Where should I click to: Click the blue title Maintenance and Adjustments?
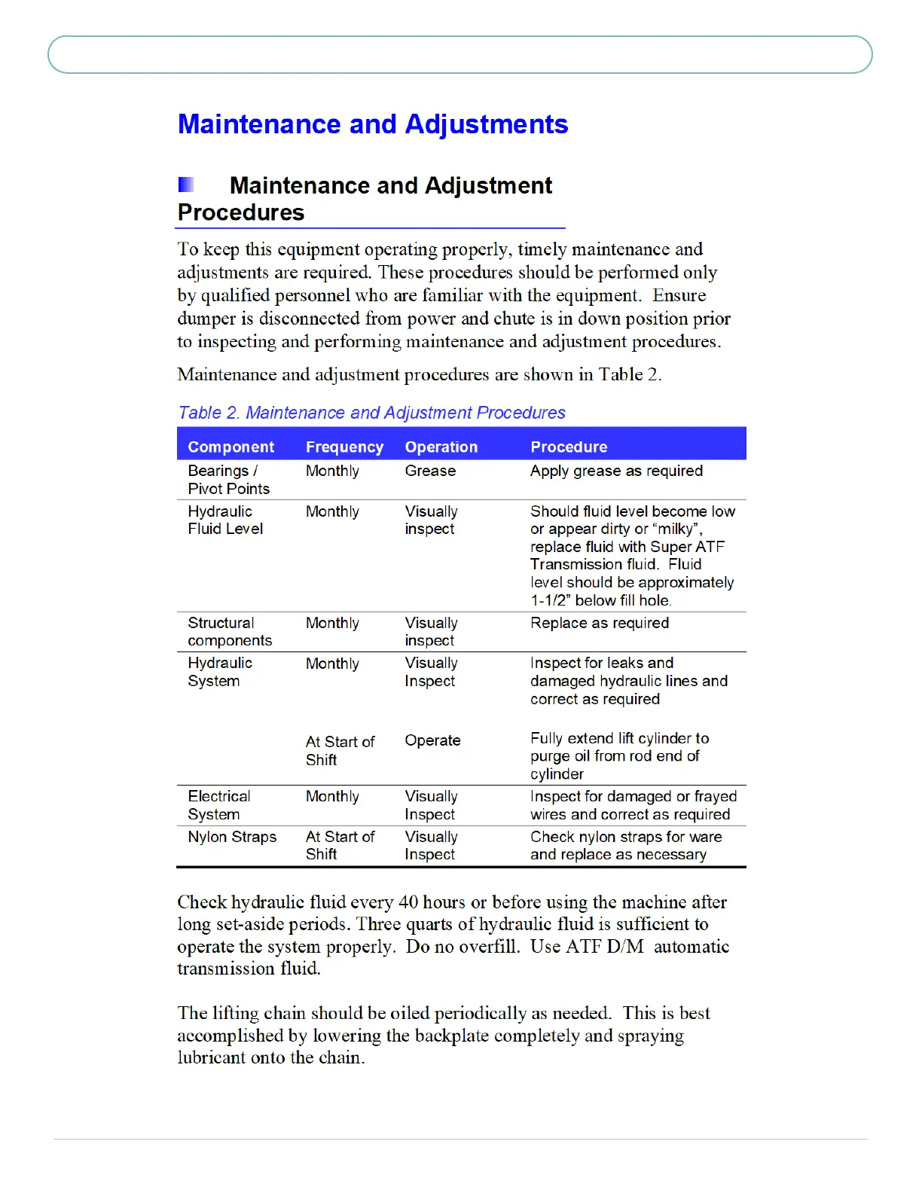[373, 124]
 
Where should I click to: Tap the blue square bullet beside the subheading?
[186, 185]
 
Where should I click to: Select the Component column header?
[231, 447]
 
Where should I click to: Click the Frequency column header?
[344, 447]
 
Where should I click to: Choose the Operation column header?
[441, 447]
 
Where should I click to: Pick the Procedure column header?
[569, 447]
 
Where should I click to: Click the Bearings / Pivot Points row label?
[228, 480]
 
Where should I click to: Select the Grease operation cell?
[430, 471]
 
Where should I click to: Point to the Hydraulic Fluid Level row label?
[225, 520]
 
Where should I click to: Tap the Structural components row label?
[230, 632]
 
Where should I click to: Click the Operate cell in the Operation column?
[432, 740]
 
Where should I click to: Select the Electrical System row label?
[219, 805]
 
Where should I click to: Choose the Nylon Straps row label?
[232, 837]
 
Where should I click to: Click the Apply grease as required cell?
[616, 471]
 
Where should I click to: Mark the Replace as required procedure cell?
[600, 623]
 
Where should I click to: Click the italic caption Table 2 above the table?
[371, 413]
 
